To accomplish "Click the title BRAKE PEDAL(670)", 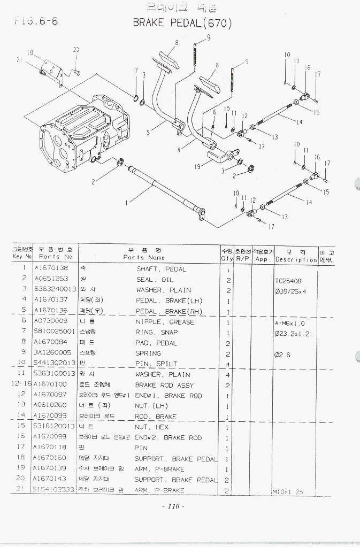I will [182, 23].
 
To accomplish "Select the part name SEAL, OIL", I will [155, 280].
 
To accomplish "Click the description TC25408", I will [288, 281].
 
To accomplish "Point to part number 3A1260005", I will [52, 353].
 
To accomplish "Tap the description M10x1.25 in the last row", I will [288, 491].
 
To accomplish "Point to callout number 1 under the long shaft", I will [126, 203].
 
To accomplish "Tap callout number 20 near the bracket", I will [76, 50].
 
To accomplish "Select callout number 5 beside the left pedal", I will [149, 131].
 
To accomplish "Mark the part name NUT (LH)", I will [151, 405].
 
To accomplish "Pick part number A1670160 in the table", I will [50, 458].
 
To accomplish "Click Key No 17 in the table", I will [21, 447].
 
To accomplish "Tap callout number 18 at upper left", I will [30, 53].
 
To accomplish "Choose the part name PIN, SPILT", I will [156, 364].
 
